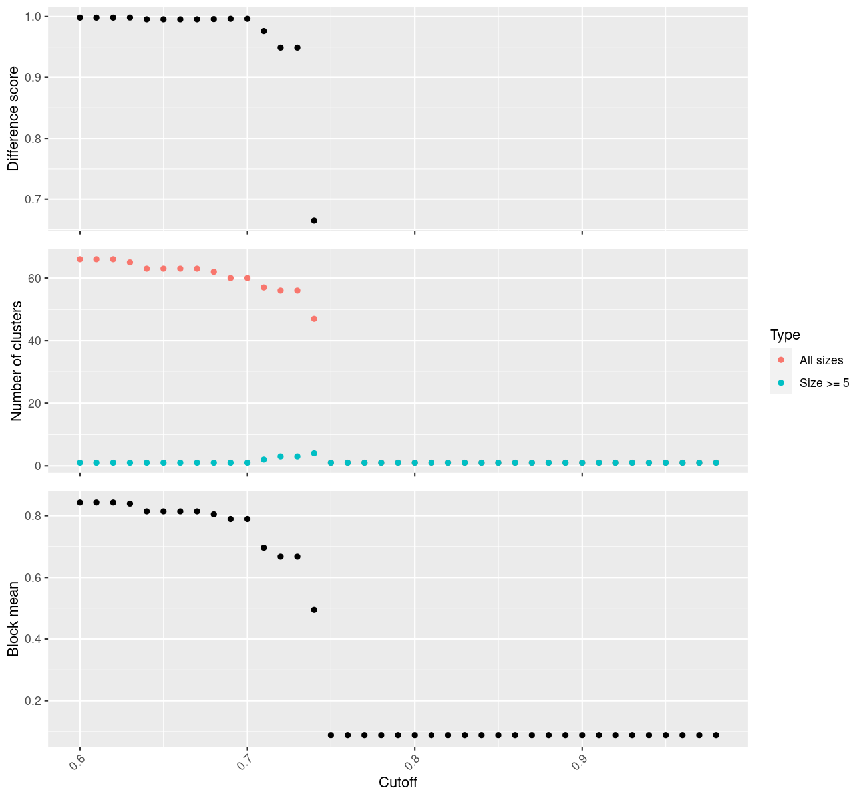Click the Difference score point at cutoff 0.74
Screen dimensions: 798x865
click(x=314, y=221)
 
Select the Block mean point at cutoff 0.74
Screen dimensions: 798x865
click(x=314, y=610)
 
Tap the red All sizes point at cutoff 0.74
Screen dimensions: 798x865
click(x=314, y=319)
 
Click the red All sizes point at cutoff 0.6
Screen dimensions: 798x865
click(x=80, y=259)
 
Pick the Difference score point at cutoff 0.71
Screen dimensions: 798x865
click(x=264, y=31)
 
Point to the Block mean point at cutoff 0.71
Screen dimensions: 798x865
click(x=264, y=548)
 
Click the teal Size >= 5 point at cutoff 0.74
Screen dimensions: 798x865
click(x=314, y=454)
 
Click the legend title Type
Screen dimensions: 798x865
click(x=784, y=335)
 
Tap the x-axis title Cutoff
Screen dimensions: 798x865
click(x=398, y=783)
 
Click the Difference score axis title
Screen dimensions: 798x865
click(x=13, y=119)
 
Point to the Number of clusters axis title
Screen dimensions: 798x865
click(x=17, y=361)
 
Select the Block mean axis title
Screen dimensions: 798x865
click(x=13, y=618)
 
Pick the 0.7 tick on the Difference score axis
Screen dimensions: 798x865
click(x=32, y=199)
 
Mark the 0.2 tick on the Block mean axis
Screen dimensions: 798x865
click(x=32, y=701)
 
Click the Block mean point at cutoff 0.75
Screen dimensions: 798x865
click(x=331, y=735)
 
